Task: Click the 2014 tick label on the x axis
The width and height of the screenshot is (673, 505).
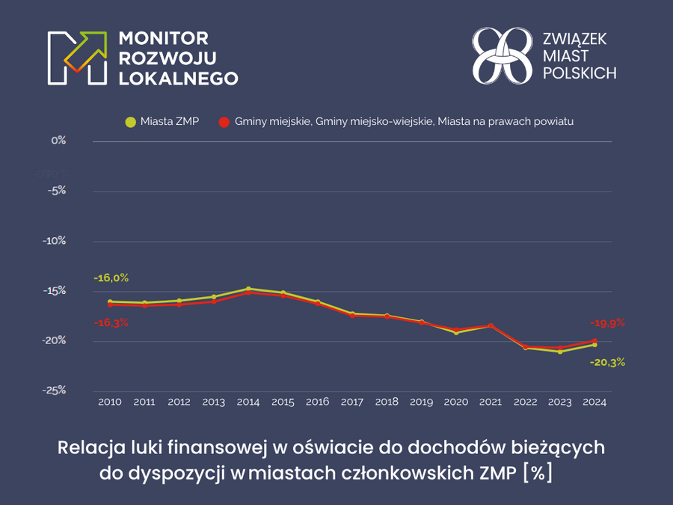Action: (x=248, y=403)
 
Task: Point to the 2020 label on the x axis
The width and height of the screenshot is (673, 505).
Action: (x=456, y=403)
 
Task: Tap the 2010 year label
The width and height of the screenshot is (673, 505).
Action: (x=110, y=403)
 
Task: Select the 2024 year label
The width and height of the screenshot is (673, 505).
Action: (x=594, y=403)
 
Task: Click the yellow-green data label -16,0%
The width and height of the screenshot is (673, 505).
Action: (x=111, y=278)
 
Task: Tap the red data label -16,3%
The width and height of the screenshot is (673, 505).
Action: (x=111, y=322)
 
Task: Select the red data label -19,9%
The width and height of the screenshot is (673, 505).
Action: (x=607, y=323)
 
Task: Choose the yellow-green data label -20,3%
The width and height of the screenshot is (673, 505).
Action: (x=607, y=362)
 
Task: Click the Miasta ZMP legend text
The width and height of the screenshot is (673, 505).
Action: (x=169, y=120)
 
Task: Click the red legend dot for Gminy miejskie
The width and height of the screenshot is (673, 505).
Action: (x=223, y=121)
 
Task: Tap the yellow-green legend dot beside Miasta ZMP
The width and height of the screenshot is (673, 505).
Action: (x=131, y=121)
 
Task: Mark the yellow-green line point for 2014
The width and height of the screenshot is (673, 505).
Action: (x=248, y=289)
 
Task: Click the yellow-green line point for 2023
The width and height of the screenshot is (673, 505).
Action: (x=560, y=352)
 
